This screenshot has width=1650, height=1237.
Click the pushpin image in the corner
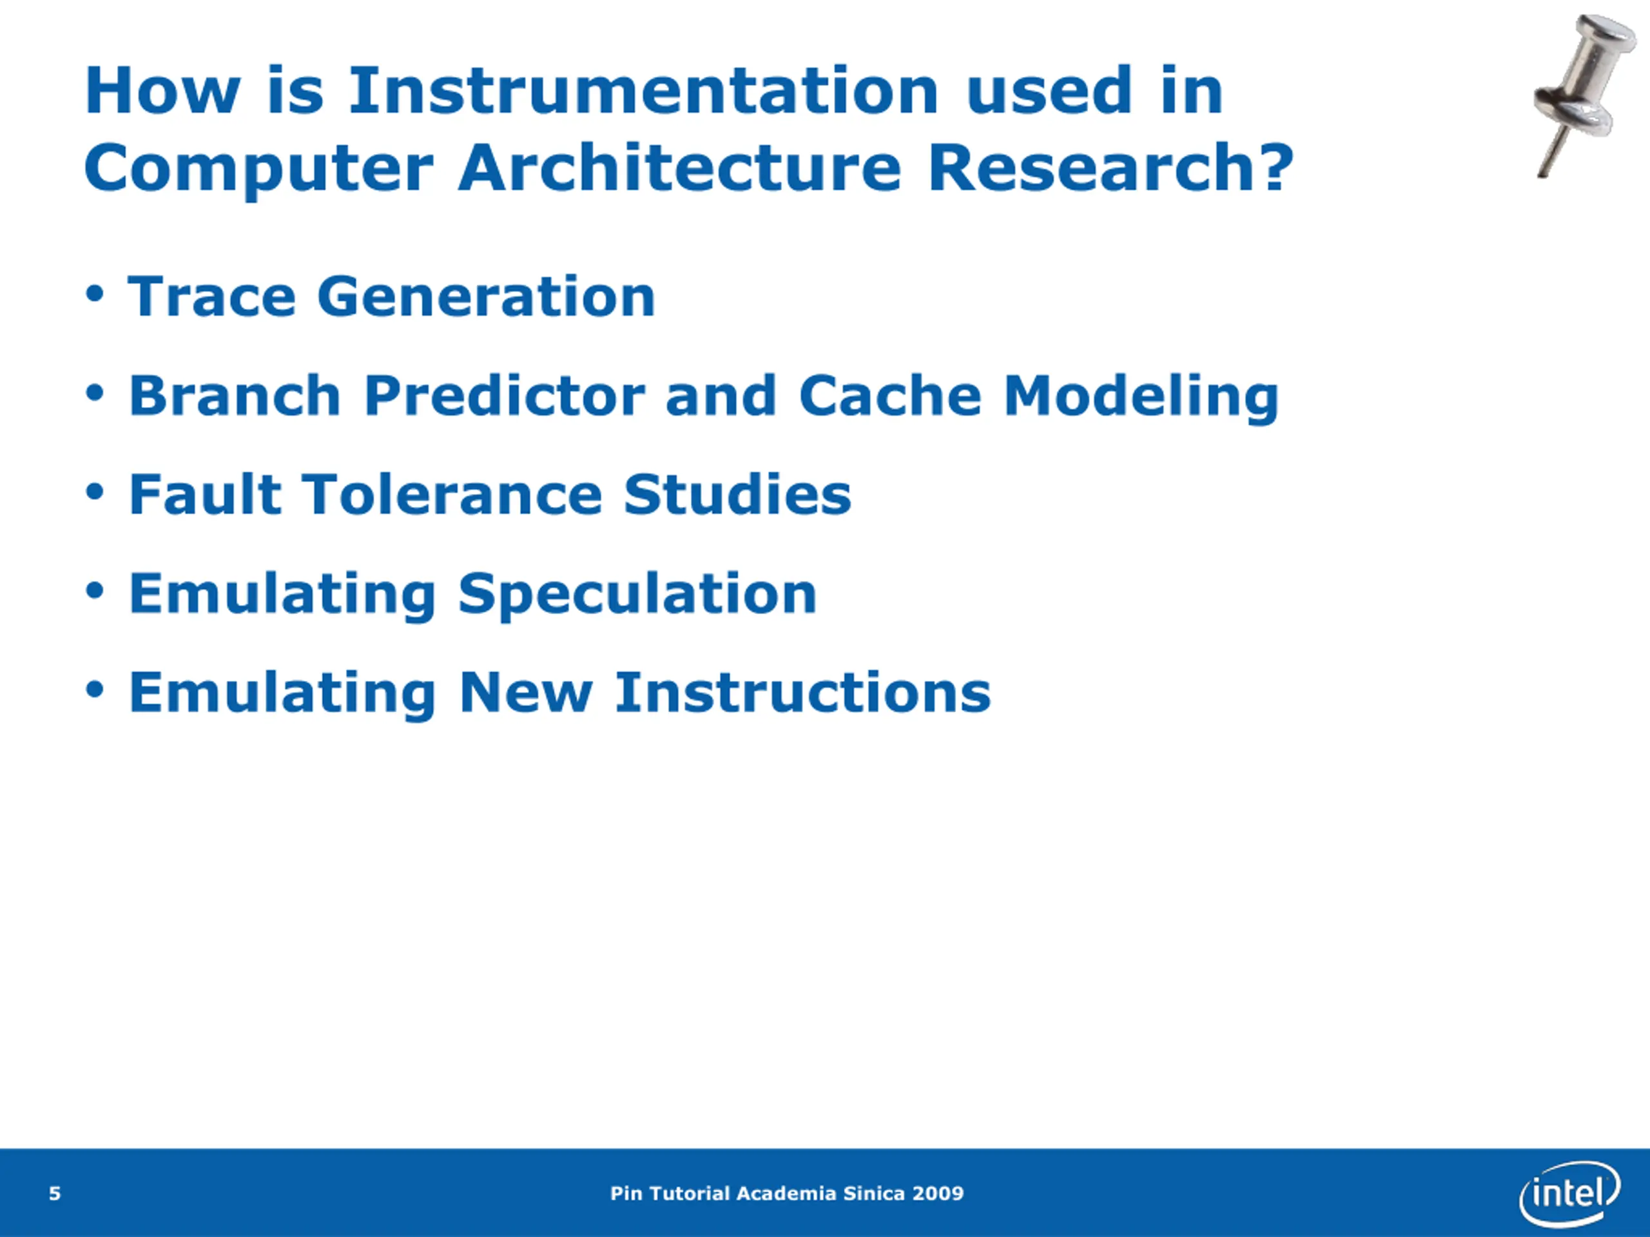(x=1583, y=95)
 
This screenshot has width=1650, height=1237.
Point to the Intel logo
(x=1569, y=1193)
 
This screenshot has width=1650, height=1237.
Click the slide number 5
(x=54, y=1193)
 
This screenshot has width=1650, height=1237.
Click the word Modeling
(x=1141, y=397)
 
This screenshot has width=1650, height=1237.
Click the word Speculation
(x=638, y=594)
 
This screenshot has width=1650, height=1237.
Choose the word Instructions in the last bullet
(x=802, y=692)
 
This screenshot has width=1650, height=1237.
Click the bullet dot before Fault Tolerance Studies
(x=94, y=492)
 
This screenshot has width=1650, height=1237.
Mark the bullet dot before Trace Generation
(x=94, y=294)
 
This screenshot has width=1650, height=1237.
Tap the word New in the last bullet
(x=525, y=692)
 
